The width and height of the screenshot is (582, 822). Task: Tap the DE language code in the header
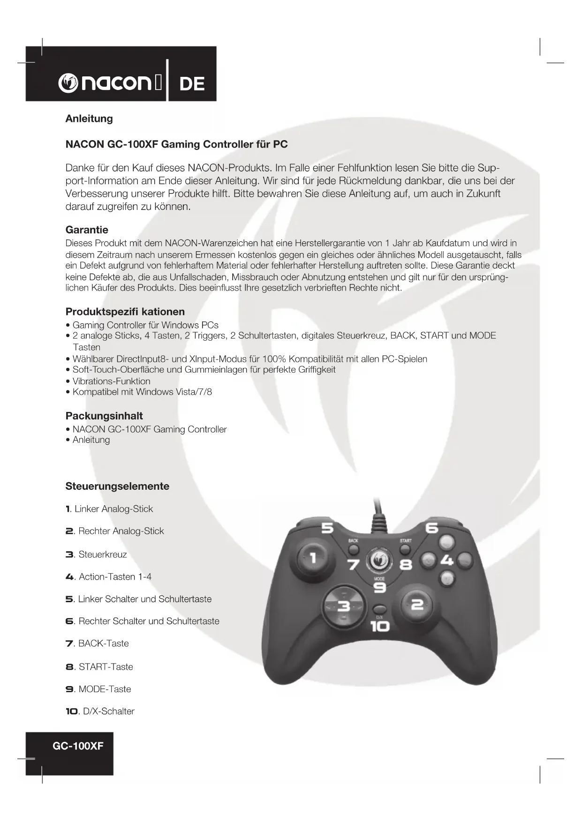[x=192, y=84]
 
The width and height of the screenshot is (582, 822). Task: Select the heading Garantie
[x=87, y=230]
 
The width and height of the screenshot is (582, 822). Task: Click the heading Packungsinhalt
[x=104, y=416]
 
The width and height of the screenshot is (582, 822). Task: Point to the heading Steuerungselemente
[x=117, y=486]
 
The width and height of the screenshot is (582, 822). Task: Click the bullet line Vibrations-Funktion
[x=111, y=381]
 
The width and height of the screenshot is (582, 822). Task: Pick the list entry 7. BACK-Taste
[x=97, y=643]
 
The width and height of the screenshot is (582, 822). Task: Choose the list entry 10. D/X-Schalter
[x=100, y=711]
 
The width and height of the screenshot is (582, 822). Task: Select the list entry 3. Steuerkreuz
[x=96, y=554]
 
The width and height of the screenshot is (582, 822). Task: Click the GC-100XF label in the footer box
[x=78, y=746]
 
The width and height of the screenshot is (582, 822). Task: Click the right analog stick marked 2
[x=417, y=605]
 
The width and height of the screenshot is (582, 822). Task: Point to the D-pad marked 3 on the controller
[x=343, y=606]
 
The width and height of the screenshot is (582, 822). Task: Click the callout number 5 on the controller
[x=327, y=528]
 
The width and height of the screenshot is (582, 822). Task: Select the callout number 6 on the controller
[x=431, y=528]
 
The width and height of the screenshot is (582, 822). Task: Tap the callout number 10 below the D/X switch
[x=380, y=626]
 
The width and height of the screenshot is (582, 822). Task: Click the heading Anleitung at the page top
[x=89, y=119]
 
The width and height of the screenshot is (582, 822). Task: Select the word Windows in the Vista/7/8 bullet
[x=154, y=392]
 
